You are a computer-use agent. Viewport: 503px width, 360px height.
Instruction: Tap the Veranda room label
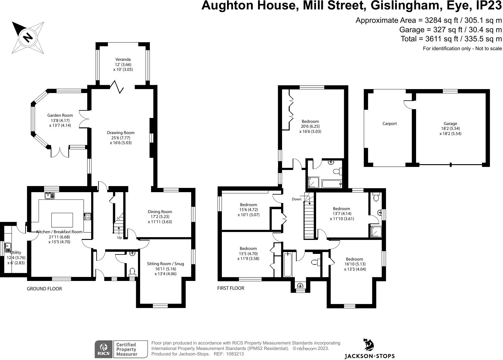pos(123,60)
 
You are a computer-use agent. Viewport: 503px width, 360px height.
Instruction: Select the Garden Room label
pos(60,115)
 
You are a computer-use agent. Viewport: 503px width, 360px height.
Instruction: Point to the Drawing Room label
pos(121,133)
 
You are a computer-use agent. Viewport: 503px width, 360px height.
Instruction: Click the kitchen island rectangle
pos(62,220)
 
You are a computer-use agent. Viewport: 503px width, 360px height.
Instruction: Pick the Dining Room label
pos(160,212)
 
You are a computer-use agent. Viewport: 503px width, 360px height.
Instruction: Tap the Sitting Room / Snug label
pos(165,264)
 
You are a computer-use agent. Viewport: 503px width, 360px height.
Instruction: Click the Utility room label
pos(16,252)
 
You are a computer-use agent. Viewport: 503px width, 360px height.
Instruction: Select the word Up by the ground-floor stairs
pos(119,237)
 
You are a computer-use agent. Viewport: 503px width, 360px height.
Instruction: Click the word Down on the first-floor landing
pos(296,199)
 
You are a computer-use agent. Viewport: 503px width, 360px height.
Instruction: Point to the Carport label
pos(390,123)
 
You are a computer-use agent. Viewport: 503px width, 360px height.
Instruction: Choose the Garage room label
pos(450,123)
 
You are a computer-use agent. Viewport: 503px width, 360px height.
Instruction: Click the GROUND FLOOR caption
pos(44,289)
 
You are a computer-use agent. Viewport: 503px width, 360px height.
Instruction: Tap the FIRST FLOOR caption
pos(231,288)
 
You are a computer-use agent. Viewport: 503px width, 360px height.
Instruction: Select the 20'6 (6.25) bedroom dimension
pos(310,126)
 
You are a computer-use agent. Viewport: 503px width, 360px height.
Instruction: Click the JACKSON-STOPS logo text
pos(369,356)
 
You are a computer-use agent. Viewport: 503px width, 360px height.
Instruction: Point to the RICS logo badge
pos(103,349)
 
